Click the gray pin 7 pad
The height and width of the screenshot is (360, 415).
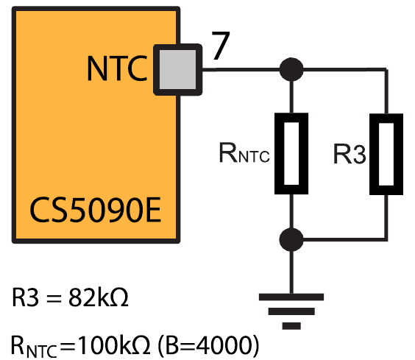[x=178, y=70]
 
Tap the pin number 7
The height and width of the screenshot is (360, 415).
[x=221, y=46]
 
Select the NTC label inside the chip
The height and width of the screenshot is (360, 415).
[x=117, y=68]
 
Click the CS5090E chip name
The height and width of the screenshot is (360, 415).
[x=95, y=210]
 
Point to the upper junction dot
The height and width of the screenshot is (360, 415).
[x=291, y=69]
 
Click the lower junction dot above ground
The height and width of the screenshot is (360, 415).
[x=291, y=239]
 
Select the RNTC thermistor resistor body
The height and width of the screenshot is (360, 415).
[x=291, y=154]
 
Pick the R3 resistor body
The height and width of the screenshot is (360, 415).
[x=386, y=154]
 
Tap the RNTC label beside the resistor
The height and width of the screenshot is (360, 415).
[x=244, y=153]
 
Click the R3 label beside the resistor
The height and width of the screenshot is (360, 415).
[x=350, y=154]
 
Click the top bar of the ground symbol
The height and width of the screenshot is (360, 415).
[x=291, y=297]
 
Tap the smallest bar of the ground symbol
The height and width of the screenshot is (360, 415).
[x=291, y=326]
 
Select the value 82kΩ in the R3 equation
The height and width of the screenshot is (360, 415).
[x=99, y=297]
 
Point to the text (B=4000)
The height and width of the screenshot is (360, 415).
[x=208, y=345]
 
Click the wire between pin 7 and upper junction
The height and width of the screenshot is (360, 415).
[x=241, y=70]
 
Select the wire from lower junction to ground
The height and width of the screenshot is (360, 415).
[x=291, y=272]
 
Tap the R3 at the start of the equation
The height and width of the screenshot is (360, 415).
[x=25, y=297]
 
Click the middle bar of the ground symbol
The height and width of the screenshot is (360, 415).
[x=291, y=311]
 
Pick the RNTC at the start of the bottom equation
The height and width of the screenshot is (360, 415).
[x=34, y=347]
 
